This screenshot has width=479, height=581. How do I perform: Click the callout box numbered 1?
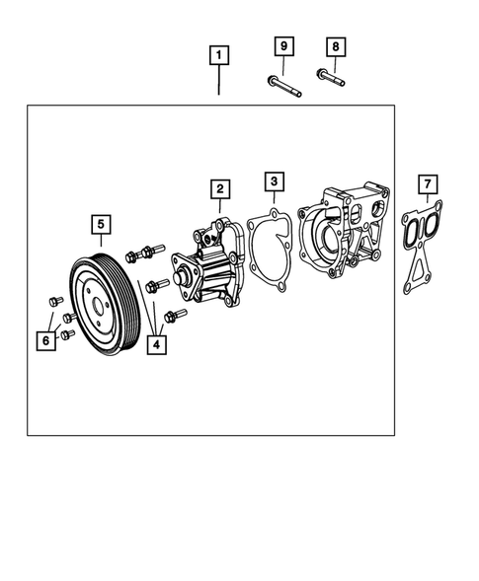tap(219, 55)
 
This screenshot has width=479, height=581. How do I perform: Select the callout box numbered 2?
tap(219, 187)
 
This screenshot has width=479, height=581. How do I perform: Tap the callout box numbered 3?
tap(275, 182)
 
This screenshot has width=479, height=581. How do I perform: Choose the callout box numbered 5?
tap(101, 225)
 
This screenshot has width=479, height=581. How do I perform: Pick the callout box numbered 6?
tap(44, 340)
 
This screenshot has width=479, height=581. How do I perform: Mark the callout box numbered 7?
tap(426, 184)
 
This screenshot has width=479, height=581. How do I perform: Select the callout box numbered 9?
tap(283, 46)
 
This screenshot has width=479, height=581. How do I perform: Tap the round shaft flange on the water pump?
tap(184, 275)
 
